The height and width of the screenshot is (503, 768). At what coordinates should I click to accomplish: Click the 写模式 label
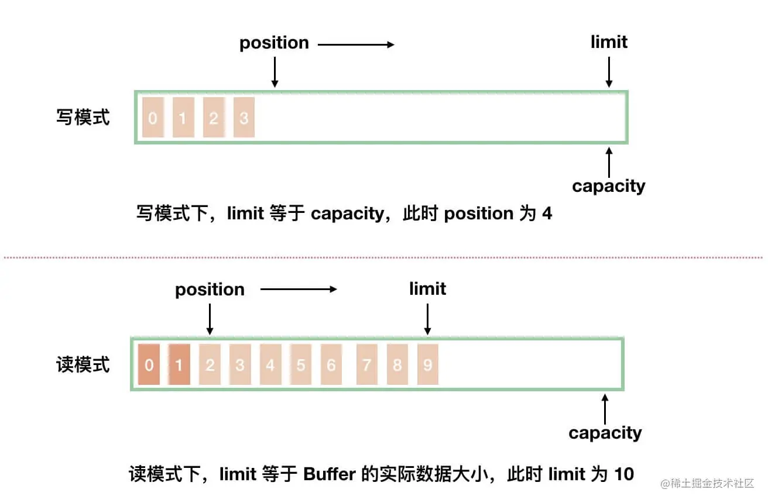[83, 118]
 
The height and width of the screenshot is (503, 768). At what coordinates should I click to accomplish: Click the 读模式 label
[83, 365]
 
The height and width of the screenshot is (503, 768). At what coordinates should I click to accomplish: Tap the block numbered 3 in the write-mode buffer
[244, 118]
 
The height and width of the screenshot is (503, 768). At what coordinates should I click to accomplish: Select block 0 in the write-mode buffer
[153, 118]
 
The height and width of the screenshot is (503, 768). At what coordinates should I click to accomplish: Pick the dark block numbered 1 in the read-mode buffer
[179, 365]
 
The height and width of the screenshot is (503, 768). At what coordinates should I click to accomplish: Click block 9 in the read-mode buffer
[427, 365]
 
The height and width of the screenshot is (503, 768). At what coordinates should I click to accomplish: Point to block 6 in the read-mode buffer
[331, 365]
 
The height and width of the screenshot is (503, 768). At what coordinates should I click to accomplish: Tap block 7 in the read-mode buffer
[366, 365]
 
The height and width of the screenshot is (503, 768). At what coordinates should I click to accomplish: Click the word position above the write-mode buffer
[274, 43]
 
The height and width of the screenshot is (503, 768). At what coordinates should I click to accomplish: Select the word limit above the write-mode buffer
[609, 42]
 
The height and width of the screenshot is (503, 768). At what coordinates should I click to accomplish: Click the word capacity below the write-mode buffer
[609, 186]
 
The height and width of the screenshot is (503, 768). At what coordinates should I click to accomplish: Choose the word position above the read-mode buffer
[210, 290]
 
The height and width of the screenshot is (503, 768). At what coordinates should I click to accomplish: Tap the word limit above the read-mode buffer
[427, 289]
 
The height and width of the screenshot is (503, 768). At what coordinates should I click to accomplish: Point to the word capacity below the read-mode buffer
[605, 433]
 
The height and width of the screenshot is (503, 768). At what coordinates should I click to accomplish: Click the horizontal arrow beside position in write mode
[356, 44]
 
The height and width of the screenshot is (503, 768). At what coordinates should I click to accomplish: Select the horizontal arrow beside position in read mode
[299, 289]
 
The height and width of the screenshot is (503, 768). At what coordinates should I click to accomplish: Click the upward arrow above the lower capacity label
[605, 409]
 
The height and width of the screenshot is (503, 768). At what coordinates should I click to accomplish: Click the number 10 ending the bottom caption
[624, 474]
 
